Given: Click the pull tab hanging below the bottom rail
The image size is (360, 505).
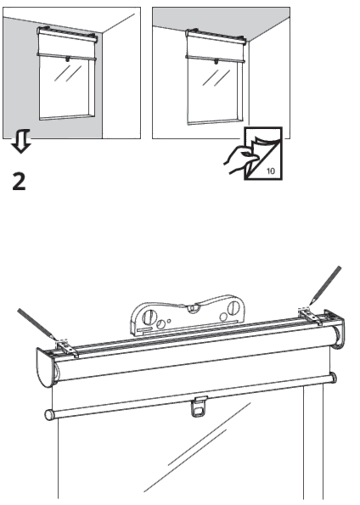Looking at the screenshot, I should point(200,407).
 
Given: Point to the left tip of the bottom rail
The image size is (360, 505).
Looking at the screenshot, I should point(48,415).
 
